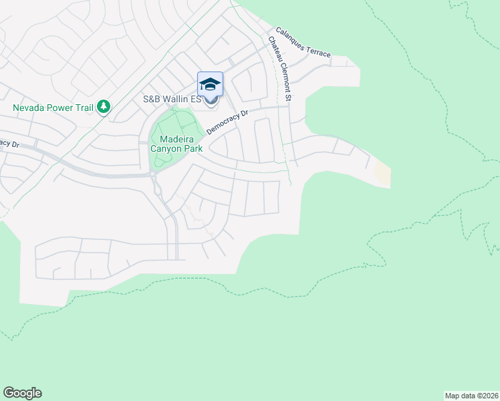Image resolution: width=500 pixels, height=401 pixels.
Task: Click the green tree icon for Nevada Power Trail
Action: click(103, 107)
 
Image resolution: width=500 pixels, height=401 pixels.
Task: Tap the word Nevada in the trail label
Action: click(29, 107)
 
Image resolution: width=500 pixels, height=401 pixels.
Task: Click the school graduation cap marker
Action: click(210, 85)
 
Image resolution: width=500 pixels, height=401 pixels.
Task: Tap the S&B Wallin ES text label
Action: click(172, 99)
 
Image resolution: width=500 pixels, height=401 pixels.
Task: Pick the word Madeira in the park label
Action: click(177, 138)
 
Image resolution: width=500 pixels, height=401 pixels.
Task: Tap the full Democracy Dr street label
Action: click(227, 122)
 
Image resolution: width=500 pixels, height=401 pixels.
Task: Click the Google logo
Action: click(22, 393)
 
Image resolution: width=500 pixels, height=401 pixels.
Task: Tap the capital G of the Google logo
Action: click(8, 393)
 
